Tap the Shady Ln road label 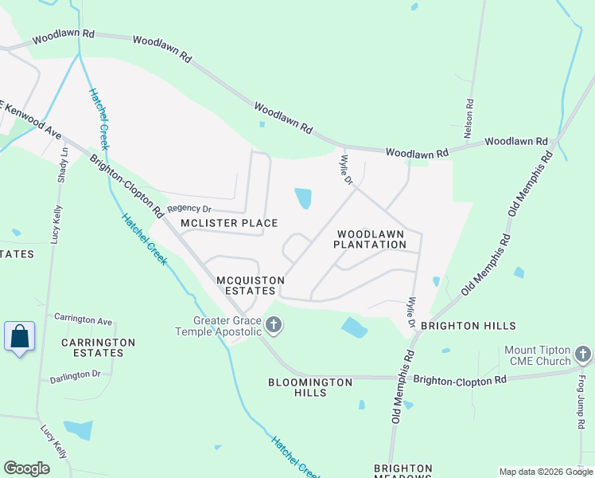[x=62, y=165]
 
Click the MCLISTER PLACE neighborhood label [x=229, y=223]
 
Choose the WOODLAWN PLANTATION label [x=371, y=239]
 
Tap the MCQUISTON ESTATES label [x=246, y=285]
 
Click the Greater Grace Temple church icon [x=274, y=324]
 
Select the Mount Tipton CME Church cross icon [x=583, y=354]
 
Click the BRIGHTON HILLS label [x=468, y=326]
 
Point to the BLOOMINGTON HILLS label [x=311, y=387]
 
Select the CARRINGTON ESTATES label [x=99, y=347]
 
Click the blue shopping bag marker [x=20, y=336]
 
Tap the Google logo [x=26, y=468]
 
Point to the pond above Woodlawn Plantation [x=303, y=198]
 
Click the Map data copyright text [x=546, y=472]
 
